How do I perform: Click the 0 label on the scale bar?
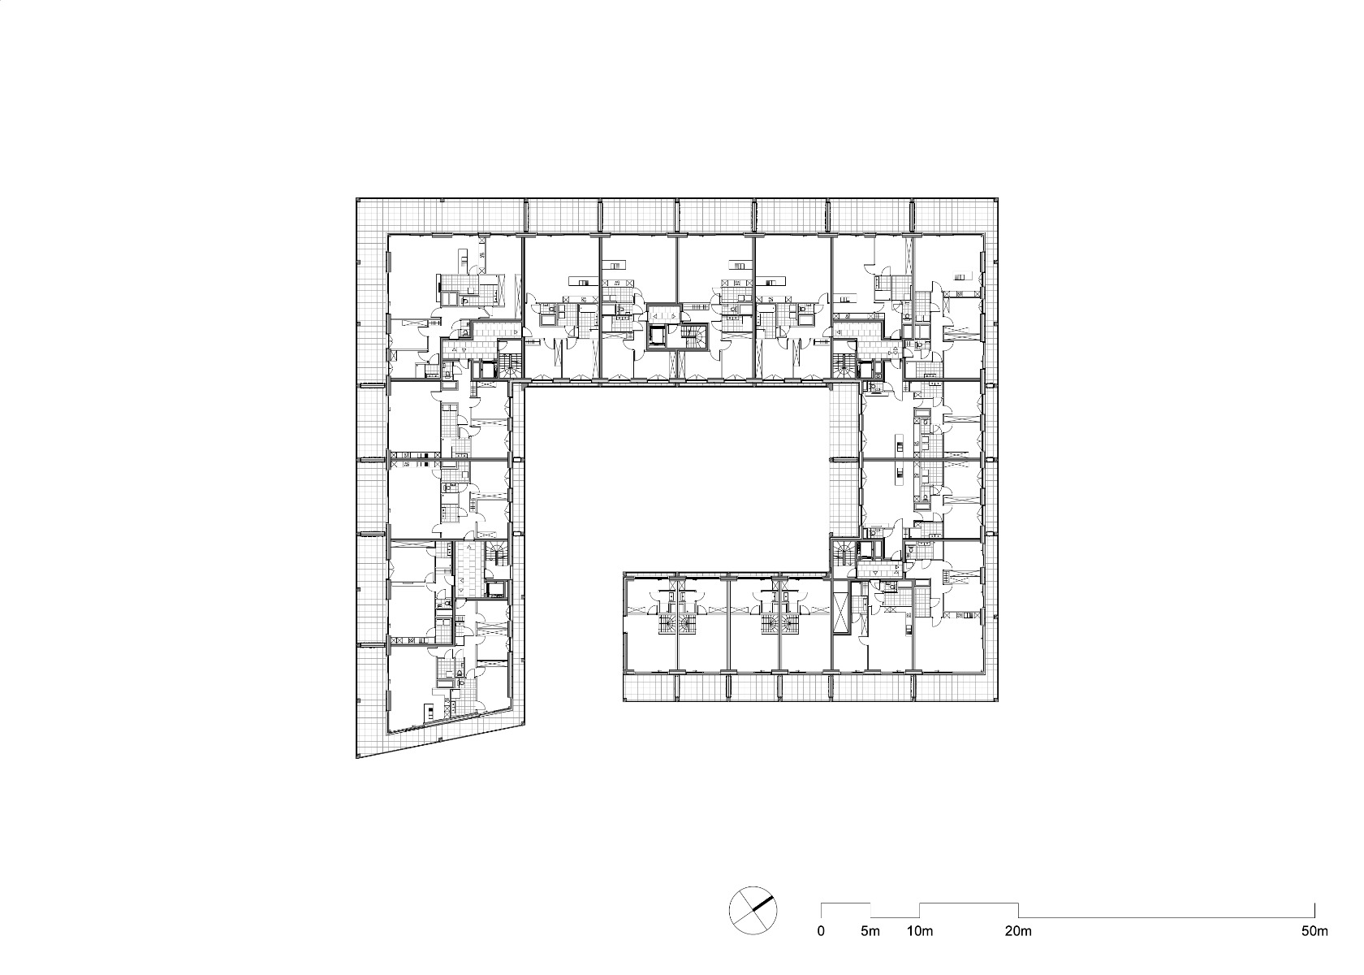[x=821, y=931]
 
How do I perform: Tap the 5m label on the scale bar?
[x=870, y=931]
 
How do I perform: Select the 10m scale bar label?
[x=920, y=931]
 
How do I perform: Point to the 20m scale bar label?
[x=1018, y=931]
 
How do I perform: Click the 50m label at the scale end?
[x=1314, y=931]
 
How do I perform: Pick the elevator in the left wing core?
[x=494, y=589]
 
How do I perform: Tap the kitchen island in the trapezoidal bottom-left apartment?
[x=429, y=711]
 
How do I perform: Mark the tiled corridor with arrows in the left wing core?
[x=467, y=569]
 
